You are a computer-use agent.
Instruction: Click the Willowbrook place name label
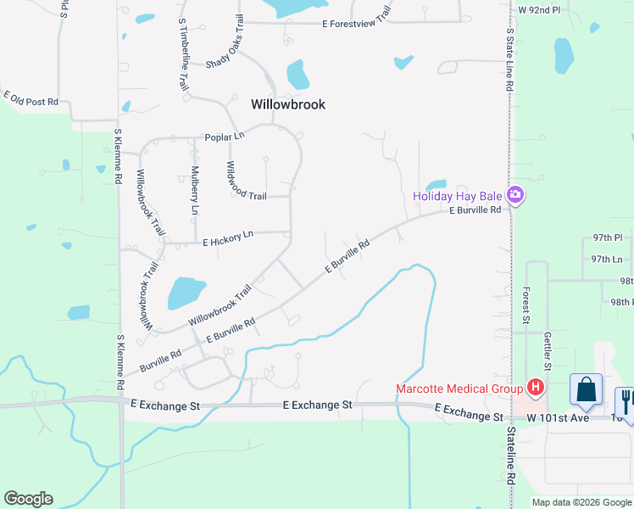(x=288, y=104)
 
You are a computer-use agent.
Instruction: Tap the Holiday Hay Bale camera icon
(x=514, y=196)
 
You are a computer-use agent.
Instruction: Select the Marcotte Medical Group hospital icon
(x=535, y=389)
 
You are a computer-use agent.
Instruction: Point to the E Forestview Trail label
(x=357, y=25)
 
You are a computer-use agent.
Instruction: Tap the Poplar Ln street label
(x=224, y=137)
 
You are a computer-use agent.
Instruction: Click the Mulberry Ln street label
(x=195, y=192)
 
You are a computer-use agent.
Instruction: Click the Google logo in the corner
(x=28, y=499)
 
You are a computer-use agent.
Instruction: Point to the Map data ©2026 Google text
(x=581, y=502)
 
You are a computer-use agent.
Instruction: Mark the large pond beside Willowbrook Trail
(x=186, y=293)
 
